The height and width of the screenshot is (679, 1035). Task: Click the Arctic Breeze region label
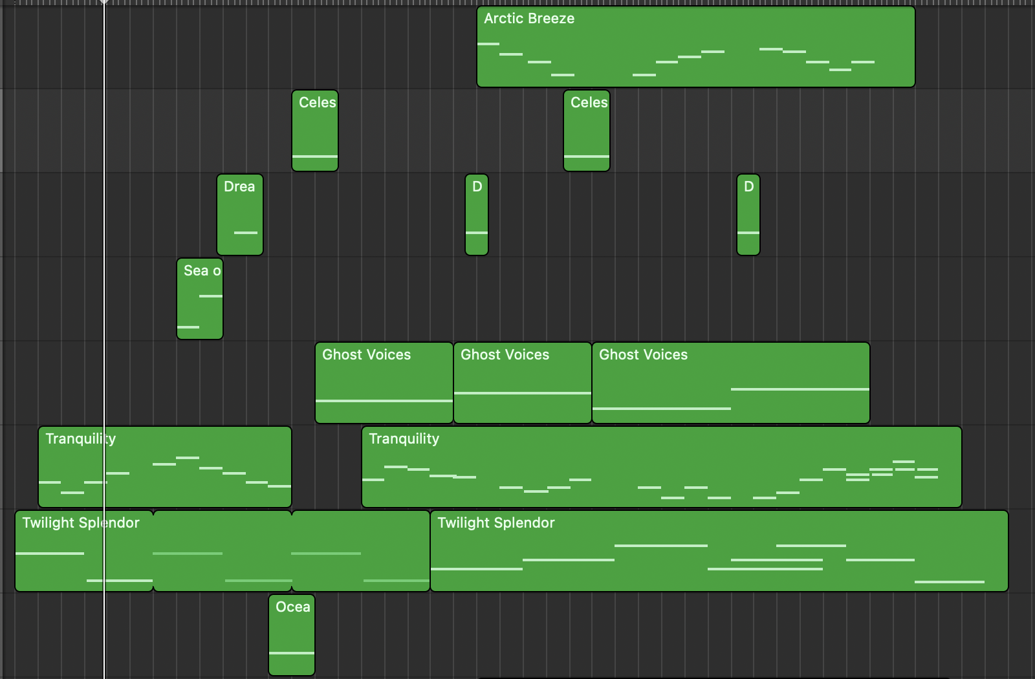coord(529,19)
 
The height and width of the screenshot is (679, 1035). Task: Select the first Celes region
coord(315,129)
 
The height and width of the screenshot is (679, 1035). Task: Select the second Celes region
coord(587,129)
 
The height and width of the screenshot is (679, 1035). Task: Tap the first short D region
coord(477,213)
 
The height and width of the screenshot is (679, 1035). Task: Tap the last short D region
coord(748,213)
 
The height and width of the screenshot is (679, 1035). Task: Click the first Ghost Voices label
coord(367,355)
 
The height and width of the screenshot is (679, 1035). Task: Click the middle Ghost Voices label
coord(505,355)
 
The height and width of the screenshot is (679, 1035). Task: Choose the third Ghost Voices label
coord(644,355)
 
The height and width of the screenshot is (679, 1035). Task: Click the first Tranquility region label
coord(81,439)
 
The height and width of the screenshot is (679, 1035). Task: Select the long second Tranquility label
coord(404,439)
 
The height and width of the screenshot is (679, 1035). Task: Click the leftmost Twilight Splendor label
coord(81,523)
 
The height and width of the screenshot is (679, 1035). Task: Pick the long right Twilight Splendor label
coord(496,523)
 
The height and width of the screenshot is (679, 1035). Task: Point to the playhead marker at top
coord(104,3)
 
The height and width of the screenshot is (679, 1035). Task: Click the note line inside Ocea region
coord(292,653)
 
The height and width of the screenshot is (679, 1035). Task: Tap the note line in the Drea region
coord(246,233)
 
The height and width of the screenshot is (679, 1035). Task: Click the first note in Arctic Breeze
coord(488,44)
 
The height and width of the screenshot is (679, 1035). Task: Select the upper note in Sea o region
coord(211,296)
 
